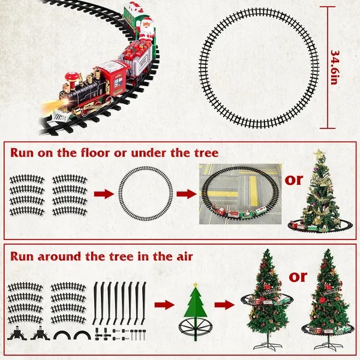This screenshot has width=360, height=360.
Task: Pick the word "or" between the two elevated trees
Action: click(298, 277)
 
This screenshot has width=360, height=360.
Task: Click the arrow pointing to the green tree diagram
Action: click(162, 305)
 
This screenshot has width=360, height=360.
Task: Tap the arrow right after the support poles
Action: click(162, 305)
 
